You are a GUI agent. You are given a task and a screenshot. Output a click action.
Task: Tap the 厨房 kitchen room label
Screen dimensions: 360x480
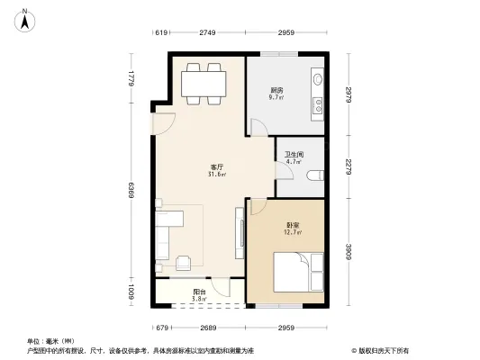pyautogui.click(x=277, y=92)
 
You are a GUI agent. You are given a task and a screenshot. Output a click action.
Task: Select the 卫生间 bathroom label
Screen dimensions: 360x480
pyautogui.click(x=294, y=155)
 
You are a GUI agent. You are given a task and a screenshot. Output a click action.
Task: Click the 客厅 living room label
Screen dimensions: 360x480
pyautogui.click(x=216, y=167)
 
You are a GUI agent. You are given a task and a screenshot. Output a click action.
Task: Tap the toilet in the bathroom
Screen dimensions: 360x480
pyautogui.click(x=314, y=175)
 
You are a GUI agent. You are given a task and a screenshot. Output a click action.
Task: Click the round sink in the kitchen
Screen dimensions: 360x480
pyautogui.click(x=317, y=81)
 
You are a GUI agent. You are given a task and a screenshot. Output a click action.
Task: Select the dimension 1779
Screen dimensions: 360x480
pyautogui.click(x=131, y=78)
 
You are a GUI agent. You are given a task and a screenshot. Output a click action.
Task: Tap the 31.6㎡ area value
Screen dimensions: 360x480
pyautogui.click(x=216, y=175)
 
